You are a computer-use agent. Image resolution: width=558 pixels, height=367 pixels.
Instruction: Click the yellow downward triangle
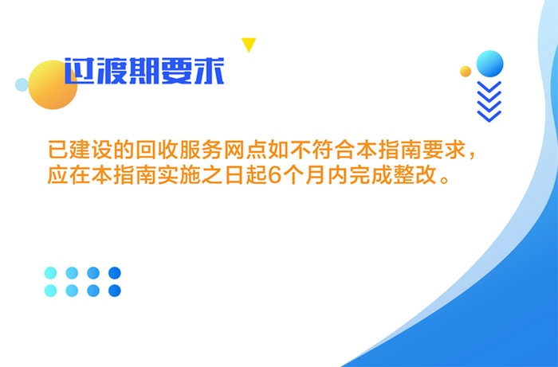249,44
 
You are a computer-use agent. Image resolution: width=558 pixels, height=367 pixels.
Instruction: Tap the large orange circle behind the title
53,84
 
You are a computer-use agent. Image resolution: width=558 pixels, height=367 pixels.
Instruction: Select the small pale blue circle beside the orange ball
22,84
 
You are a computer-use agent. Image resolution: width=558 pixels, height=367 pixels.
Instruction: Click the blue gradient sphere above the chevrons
489,64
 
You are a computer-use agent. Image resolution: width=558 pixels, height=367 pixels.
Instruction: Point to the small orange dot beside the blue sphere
466,72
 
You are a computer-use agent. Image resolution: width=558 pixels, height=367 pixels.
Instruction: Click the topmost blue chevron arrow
489,86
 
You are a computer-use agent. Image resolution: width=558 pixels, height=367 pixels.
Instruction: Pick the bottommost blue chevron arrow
489,115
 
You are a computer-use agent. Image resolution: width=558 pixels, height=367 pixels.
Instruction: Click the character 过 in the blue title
80,71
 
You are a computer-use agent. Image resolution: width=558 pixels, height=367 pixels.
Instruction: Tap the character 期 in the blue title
144,71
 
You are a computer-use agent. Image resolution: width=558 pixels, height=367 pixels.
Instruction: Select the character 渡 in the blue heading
112,71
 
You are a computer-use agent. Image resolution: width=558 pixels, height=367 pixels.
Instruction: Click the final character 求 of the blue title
209,71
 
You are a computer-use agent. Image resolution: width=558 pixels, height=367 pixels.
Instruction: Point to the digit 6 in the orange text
274,175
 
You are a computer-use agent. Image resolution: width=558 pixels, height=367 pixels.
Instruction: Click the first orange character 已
57,150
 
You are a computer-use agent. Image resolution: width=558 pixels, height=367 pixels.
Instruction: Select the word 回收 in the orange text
156,150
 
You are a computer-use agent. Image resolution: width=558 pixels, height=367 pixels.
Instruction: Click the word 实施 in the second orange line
179,175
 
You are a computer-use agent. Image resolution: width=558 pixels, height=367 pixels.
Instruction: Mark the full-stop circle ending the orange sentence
445,179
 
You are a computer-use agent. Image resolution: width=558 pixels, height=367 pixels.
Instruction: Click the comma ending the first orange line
472,156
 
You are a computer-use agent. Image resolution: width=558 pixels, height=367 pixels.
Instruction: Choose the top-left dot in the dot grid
50,273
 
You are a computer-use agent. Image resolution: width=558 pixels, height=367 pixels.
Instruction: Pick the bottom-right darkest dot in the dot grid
115,291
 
